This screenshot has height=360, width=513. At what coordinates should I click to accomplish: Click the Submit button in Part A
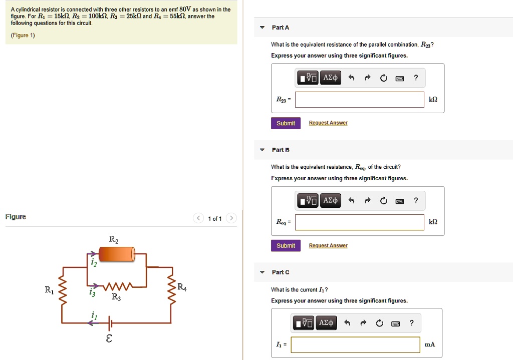286,123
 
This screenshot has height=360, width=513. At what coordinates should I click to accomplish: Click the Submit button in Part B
286,246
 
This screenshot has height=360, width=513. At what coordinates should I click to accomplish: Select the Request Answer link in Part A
328,123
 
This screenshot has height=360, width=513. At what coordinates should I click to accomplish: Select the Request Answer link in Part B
328,246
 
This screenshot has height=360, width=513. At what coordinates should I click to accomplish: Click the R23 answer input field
359,100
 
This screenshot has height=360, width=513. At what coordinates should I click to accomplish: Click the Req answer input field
359,222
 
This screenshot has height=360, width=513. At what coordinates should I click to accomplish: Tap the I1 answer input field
355,344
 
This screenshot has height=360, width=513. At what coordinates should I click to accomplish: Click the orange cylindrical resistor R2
117,254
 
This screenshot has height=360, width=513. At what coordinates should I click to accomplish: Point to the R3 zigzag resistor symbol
118,287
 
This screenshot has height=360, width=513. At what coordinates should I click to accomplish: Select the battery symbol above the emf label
110,323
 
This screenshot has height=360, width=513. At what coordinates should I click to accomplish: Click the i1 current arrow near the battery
94,323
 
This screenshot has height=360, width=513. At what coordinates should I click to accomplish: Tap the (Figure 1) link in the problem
23,36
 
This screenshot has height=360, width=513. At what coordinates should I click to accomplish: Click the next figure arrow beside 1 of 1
231,218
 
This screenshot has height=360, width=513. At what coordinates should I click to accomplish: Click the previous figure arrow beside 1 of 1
198,218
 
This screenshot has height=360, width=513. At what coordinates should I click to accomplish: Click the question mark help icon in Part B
416,201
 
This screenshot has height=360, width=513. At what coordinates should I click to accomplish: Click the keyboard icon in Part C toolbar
395,323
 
